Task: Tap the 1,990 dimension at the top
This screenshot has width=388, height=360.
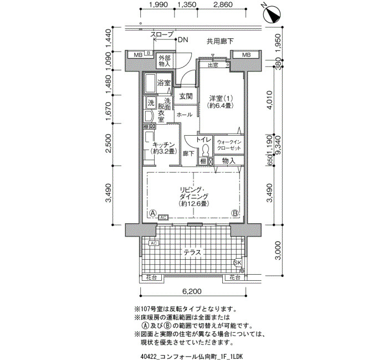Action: click(x=158, y=6)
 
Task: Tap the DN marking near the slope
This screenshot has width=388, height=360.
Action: click(x=183, y=40)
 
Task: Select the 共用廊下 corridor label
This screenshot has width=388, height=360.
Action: click(x=220, y=40)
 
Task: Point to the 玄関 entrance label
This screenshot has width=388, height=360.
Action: click(x=186, y=96)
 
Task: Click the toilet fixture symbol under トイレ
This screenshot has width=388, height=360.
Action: click(x=205, y=150)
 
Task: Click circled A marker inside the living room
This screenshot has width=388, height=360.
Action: click(x=152, y=213)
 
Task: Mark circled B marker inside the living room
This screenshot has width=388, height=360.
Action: click(x=235, y=213)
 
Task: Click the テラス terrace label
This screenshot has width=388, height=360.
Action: click(x=192, y=252)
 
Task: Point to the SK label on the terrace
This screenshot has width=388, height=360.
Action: click(x=238, y=262)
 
